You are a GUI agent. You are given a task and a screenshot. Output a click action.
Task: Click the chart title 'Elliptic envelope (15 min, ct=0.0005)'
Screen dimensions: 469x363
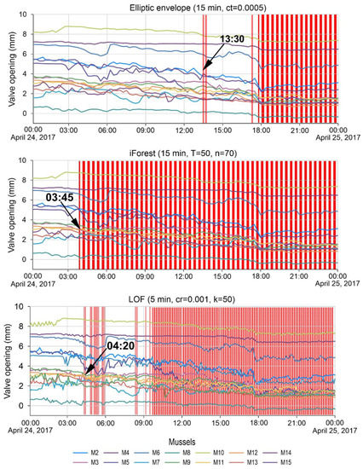point(183,7)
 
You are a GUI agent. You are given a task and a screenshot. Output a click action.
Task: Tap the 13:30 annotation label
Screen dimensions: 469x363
point(233,39)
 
